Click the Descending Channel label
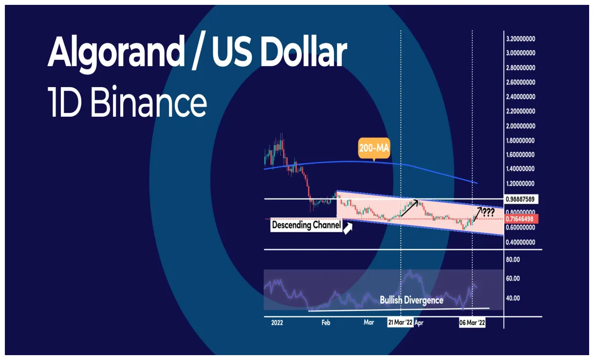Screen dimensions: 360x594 306,225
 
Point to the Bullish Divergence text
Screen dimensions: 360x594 411,300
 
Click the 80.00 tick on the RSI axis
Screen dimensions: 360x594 513,260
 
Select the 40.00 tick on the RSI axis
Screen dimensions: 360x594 513,298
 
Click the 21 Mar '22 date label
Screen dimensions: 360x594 400,323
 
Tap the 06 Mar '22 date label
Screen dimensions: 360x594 472,323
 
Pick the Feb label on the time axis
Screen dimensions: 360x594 326,323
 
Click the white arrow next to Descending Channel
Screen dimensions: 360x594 348,228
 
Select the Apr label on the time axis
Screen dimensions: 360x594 418,323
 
